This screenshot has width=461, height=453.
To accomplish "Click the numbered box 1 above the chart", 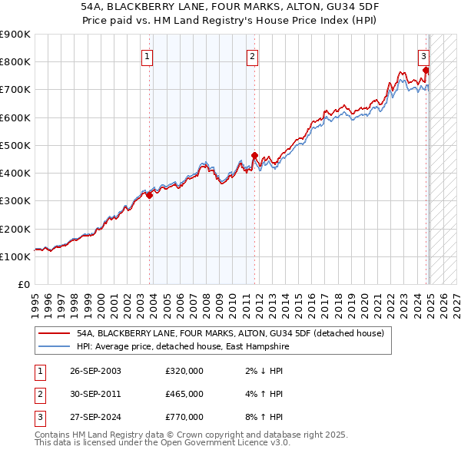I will (x=146, y=55).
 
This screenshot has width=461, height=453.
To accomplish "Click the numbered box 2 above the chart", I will (x=252, y=55).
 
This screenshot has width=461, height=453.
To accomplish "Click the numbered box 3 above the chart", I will (x=423, y=55).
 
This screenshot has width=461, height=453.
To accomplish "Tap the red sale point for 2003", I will (x=150, y=195).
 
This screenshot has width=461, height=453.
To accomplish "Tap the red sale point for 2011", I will (x=255, y=155).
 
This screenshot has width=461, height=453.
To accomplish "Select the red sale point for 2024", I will (x=426, y=71).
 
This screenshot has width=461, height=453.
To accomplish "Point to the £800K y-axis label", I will (x=15, y=61).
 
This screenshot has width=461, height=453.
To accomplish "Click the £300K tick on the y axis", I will (x=15, y=201).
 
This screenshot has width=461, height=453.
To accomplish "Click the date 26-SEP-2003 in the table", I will (x=95, y=371).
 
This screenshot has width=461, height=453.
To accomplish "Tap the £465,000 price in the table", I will (x=184, y=394).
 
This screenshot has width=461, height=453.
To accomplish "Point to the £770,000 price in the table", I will (x=184, y=417).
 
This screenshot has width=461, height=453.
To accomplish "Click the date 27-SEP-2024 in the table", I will (x=95, y=417).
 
